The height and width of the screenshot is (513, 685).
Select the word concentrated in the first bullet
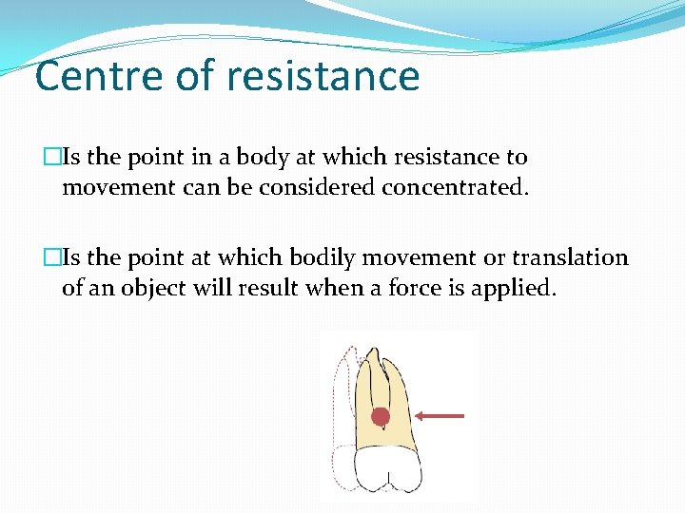pos(454,187)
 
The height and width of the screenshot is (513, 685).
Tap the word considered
pos(318,187)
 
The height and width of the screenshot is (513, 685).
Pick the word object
pos(148,288)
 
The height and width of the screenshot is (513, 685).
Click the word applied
pos(519,288)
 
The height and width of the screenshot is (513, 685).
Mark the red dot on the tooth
pos(381,416)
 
